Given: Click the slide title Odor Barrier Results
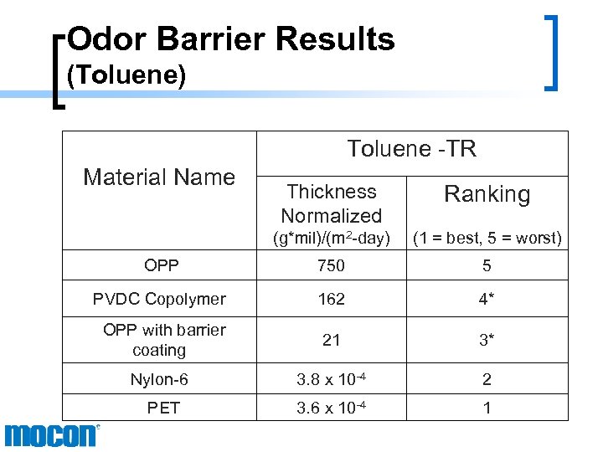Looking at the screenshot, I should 230,39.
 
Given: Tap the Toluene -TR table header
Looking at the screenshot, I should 411,149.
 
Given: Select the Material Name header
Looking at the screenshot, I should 159,177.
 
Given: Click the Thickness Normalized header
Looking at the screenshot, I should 331,203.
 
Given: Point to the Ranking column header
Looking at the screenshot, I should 487,194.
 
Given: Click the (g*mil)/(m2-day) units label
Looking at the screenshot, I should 331,238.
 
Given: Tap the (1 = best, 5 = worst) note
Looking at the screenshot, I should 487,238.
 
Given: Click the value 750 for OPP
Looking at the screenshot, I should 331,265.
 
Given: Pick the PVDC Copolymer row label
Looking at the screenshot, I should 159,299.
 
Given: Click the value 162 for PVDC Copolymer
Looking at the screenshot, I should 331,299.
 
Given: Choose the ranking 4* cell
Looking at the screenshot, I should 487,299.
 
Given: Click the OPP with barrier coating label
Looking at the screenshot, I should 163,340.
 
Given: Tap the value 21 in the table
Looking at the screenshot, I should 331,340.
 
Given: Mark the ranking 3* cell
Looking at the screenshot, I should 487,340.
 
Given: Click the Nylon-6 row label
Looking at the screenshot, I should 159,379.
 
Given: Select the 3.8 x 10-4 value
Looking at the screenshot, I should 331,379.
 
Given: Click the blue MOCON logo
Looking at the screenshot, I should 51,435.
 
